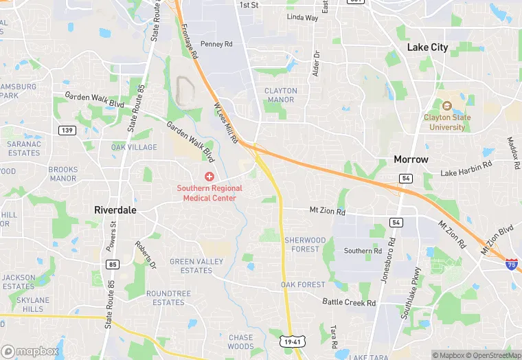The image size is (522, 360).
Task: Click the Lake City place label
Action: point(427,47)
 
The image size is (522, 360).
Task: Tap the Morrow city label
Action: point(411,159)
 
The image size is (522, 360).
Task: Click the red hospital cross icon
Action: point(209,177)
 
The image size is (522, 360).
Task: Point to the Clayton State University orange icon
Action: point(446,106)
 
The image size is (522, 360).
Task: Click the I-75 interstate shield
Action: point(511,264)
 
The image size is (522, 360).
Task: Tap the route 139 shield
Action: point(67,130)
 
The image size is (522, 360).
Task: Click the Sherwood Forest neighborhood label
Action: point(305,245)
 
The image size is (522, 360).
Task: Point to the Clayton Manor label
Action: point(281,95)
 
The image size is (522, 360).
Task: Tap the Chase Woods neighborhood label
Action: point(240,341)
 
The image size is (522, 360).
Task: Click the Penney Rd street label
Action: point(217,45)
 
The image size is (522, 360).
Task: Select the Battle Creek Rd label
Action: point(349,302)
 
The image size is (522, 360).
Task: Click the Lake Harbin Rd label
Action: point(466,168)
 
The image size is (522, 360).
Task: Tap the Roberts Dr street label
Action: point(146,255)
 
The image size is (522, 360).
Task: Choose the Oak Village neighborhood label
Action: point(134,147)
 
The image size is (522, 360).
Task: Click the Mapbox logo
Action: point(30,351)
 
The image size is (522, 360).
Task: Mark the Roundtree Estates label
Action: point(168,297)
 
